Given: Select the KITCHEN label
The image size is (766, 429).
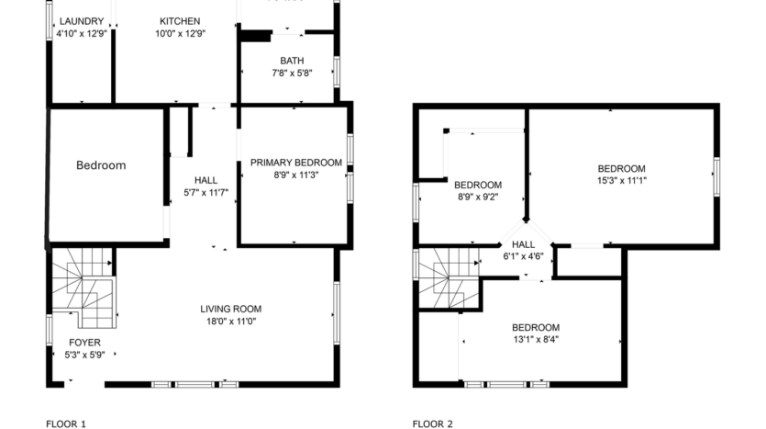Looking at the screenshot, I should click(x=179, y=21).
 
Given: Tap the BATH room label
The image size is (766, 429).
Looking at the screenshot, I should click(x=292, y=62).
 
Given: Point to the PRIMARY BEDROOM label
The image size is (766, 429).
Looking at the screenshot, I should click(x=295, y=163).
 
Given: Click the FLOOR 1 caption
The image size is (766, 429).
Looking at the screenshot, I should click(x=65, y=423).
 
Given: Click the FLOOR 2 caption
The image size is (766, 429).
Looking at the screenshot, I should click(x=432, y=423).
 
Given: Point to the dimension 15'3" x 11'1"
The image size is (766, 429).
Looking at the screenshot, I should click(x=621, y=180).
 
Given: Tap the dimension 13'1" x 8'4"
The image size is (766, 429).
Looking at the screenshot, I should click(x=535, y=340).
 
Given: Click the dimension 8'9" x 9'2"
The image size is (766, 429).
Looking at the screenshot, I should click(x=477, y=196).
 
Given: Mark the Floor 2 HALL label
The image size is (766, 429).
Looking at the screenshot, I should click(x=523, y=244).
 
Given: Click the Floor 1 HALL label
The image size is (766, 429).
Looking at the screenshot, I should click(x=205, y=180).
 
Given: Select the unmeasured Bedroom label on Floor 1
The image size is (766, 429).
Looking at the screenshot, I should click(x=100, y=165).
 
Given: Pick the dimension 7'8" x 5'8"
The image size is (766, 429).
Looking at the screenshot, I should click(x=292, y=73).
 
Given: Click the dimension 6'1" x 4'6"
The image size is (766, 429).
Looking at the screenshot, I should click(x=523, y=256).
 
